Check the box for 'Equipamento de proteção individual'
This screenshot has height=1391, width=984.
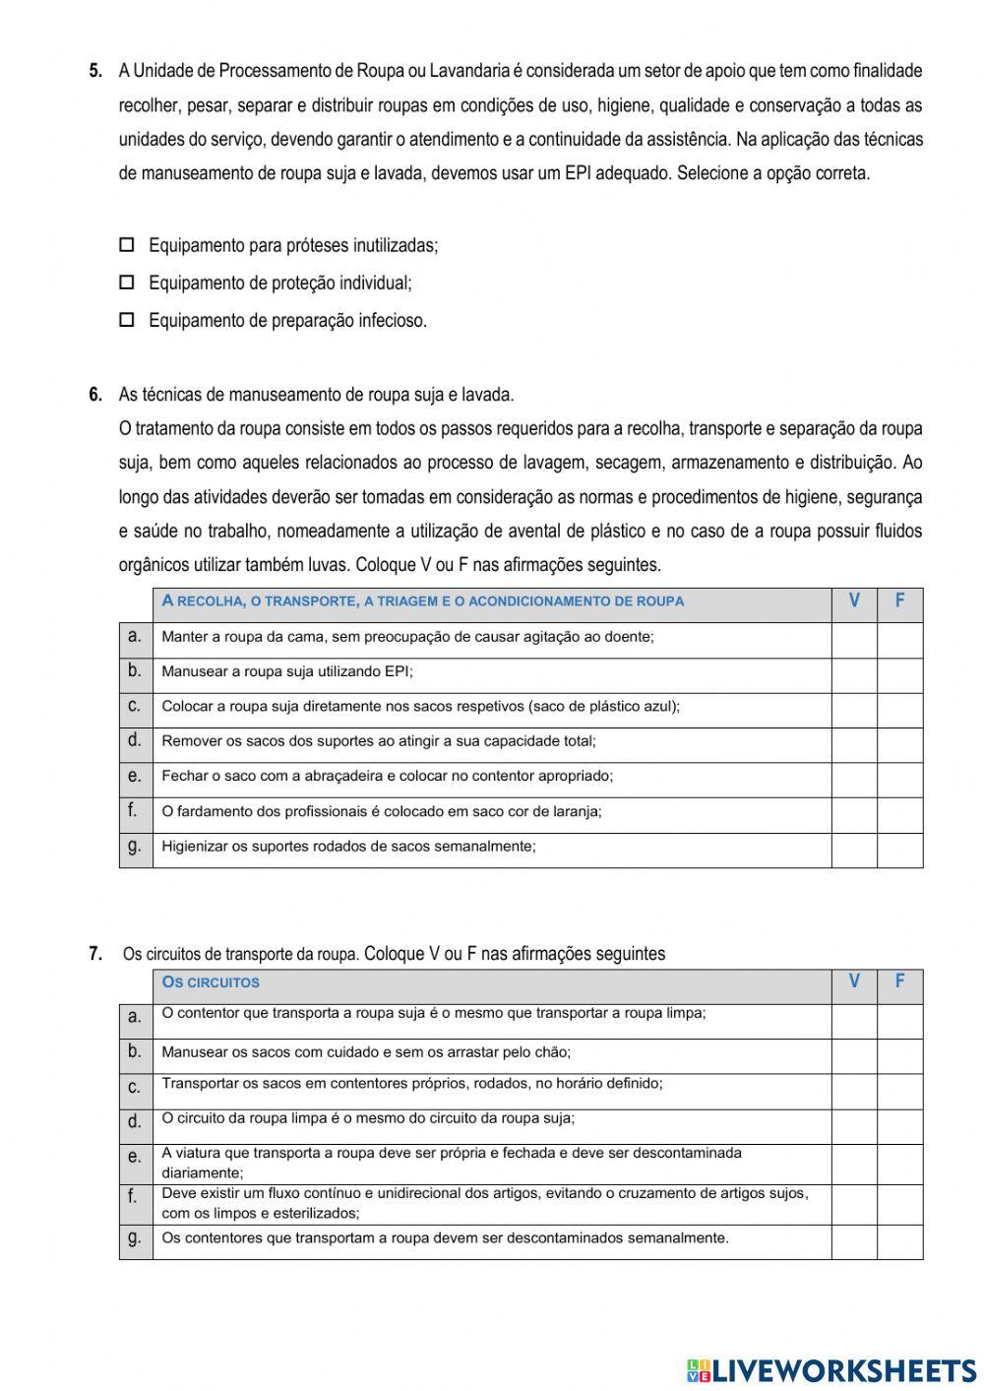click(x=126, y=283)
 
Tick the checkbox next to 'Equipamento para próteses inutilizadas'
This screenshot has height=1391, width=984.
click(x=126, y=245)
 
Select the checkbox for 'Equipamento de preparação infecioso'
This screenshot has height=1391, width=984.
click(x=126, y=320)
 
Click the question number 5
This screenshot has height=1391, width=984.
click(x=95, y=71)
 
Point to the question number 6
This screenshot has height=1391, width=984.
click(x=95, y=395)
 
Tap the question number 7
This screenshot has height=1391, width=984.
click(x=95, y=953)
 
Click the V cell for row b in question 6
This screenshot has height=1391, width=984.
click(x=854, y=675)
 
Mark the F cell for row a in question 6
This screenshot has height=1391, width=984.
click(x=899, y=640)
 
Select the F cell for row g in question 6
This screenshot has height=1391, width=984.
click(x=899, y=850)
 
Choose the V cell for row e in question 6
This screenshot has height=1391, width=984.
click(x=854, y=780)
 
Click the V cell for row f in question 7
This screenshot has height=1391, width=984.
click(x=854, y=1204)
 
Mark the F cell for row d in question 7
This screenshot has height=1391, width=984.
click(x=899, y=1126)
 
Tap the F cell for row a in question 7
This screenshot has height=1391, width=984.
click(x=899, y=1021)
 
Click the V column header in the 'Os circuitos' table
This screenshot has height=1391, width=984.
click(x=854, y=981)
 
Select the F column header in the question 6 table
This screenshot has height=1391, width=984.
click(x=899, y=601)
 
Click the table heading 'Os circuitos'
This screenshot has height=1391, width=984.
click(x=211, y=982)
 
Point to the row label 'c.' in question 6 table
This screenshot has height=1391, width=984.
click(x=135, y=706)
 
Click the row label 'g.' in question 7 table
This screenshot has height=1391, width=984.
click(x=135, y=1238)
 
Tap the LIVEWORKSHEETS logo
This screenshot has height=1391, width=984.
click(x=831, y=1369)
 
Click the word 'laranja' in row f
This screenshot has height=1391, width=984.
click(x=577, y=811)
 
